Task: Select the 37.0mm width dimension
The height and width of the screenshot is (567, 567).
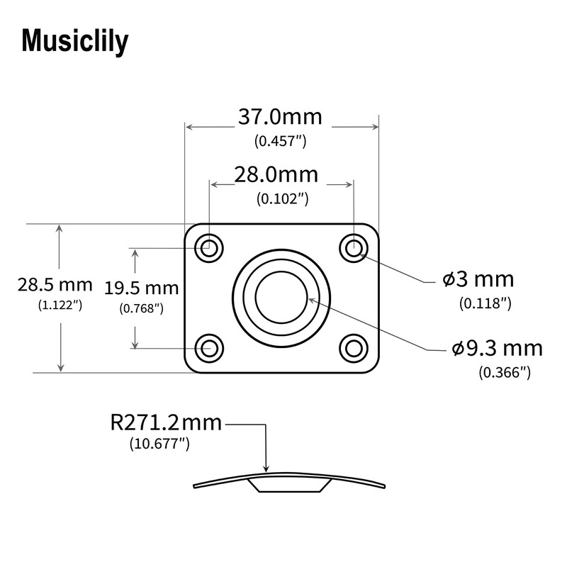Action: [x=279, y=116]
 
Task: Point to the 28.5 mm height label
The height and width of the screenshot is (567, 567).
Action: [x=55, y=285]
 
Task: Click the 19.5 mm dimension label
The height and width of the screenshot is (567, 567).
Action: [x=141, y=288]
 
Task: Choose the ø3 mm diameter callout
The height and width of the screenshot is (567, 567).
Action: [x=478, y=279]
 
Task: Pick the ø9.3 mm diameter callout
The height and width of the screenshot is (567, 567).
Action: [x=497, y=348]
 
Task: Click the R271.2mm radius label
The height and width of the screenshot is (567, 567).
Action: [x=166, y=424]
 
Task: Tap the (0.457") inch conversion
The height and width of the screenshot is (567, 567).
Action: [x=280, y=140]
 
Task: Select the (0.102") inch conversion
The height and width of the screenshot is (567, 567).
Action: [x=281, y=198]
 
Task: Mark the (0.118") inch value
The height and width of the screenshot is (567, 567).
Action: [x=485, y=303]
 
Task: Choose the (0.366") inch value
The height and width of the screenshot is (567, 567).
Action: [x=505, y=371]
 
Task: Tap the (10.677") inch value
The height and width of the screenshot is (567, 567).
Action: [x=159, y=444]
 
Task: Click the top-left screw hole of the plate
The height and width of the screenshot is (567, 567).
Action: [x=210, y=249]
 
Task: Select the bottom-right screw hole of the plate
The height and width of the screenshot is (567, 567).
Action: [x=352, y=347]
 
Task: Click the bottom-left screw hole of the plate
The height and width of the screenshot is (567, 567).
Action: [x=210, y=347]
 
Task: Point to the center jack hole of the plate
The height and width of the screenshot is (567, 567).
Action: [x=281, y=298]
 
